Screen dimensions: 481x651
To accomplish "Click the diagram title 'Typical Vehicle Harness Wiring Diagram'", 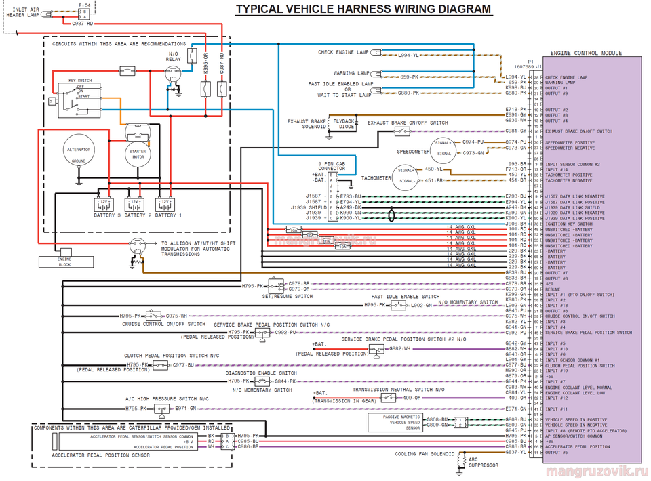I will click(363, 9).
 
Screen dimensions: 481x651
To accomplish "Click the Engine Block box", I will click(64, 262).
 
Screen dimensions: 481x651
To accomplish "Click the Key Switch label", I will click(79, 81).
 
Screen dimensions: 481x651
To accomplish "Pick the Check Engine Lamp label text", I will click(343, 52).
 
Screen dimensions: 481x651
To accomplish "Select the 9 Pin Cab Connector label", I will click(332, 166).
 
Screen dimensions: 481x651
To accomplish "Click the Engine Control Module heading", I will click(586, 53).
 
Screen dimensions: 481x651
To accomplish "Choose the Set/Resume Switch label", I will click(288, 296).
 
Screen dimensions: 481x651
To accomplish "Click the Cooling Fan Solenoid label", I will click(425, 454).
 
